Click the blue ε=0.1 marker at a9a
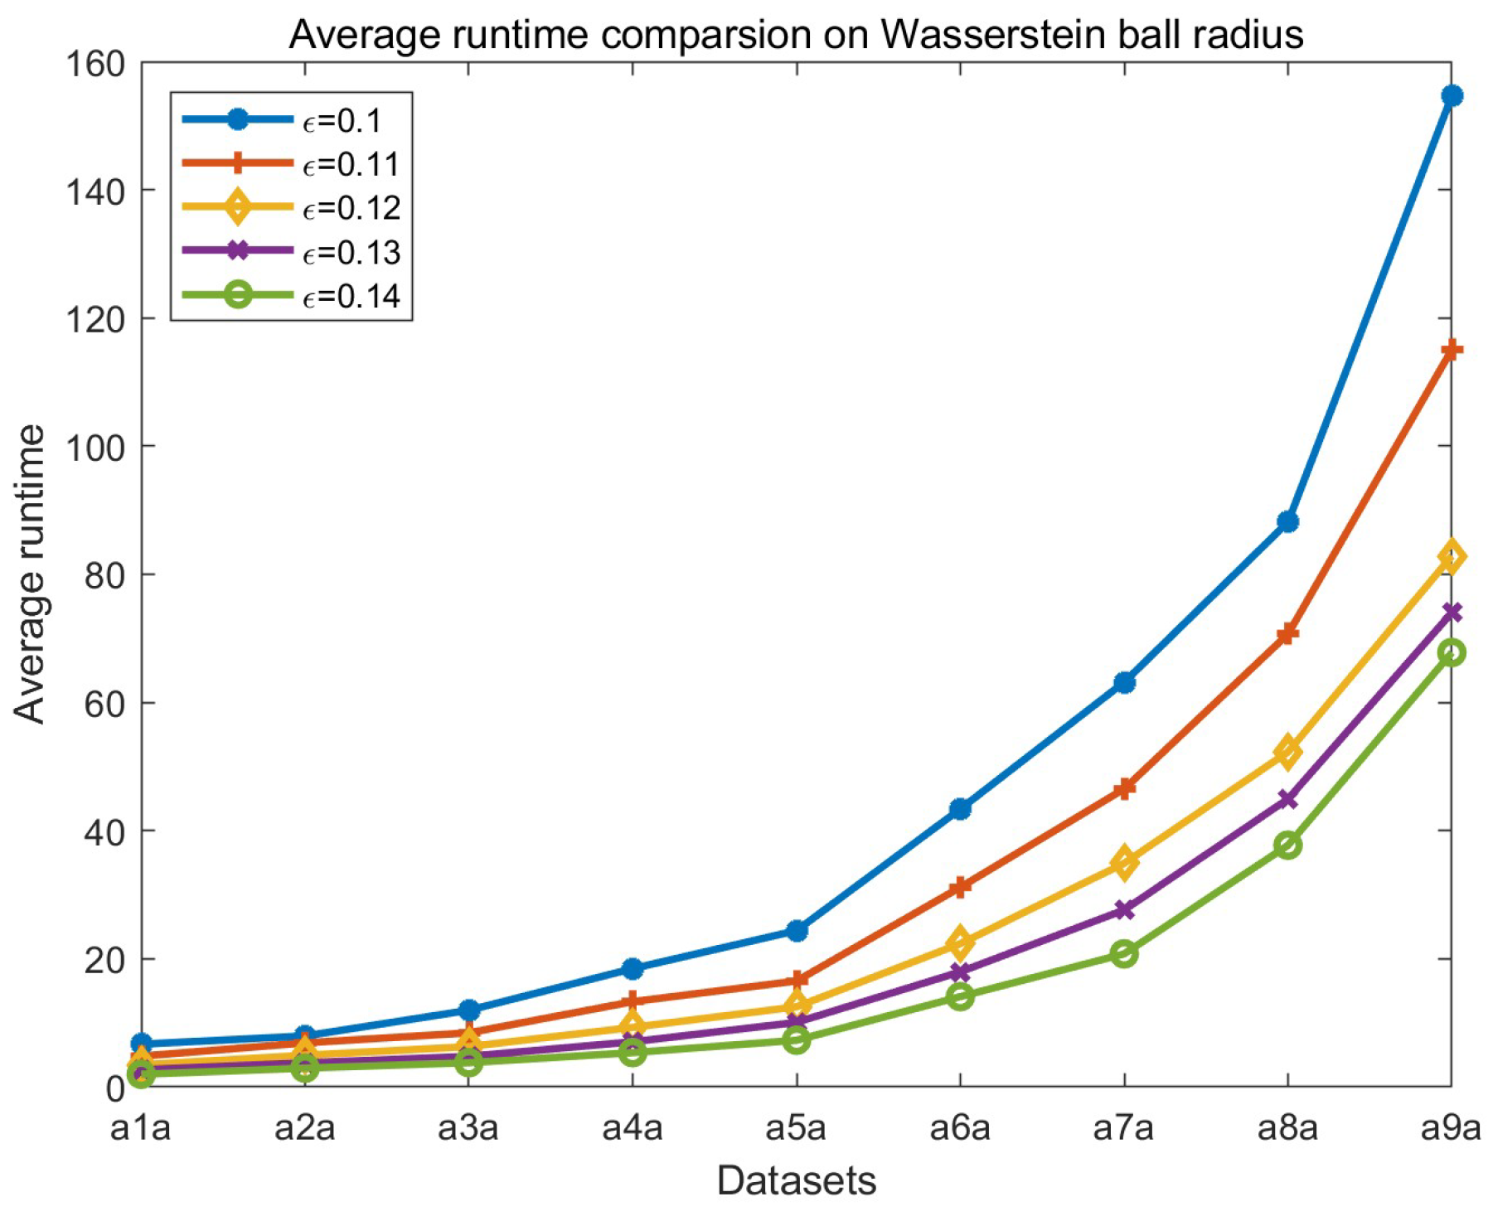click(1451, 96)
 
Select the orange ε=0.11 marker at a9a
click(1451, 351)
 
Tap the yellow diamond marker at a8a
click(1287, 752)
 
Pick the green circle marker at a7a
click(1124, 953)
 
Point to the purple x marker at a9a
click(1451, 613)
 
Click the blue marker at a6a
click(960, 809)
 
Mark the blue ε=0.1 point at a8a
click(1287, 522)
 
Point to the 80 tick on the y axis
click(104, 575)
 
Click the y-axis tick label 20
click(104, 960)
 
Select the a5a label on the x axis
click(796, 1128)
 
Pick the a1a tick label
click(140, 1128)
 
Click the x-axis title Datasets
click(796, 1180)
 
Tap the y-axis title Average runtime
click(30, 574)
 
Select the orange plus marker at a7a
click(1124, 787)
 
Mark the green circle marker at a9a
click(1451, 653)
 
